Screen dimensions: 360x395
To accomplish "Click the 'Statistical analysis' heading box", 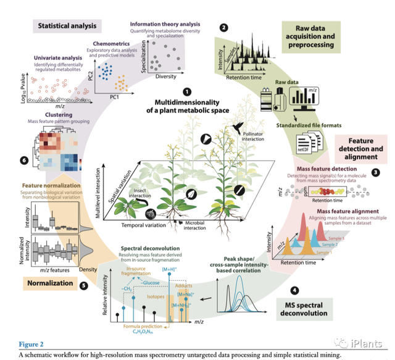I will [68, 27].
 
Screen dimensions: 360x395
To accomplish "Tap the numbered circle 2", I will [223, 27].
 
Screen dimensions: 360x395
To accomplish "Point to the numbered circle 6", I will [23, 161].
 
